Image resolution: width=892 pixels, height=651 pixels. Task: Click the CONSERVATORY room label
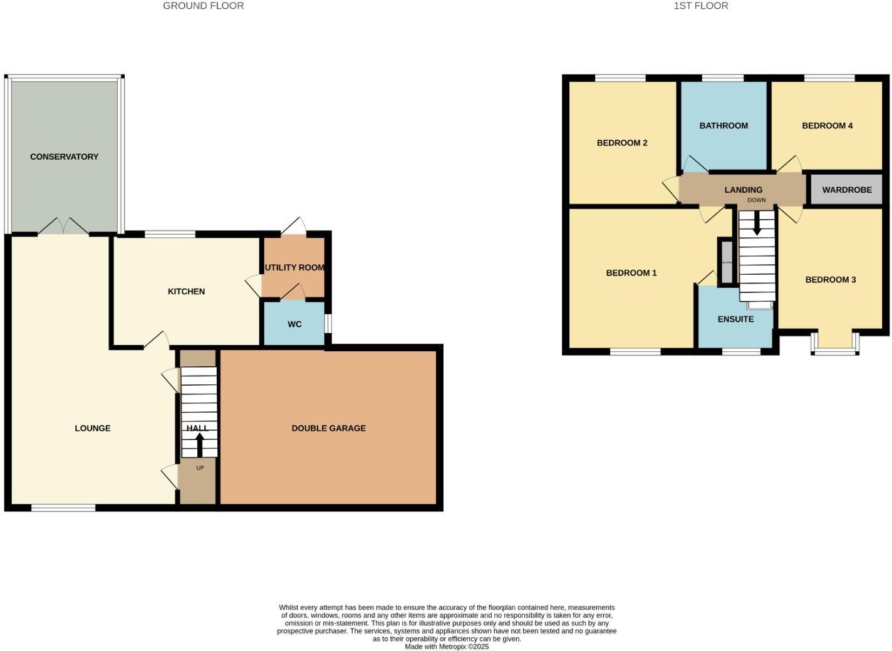64,156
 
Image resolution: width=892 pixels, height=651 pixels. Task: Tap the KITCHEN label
186,291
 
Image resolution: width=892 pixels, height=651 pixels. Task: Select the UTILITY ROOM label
294,267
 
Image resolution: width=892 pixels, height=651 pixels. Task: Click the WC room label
294,324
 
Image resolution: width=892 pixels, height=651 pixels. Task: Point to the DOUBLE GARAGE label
328,428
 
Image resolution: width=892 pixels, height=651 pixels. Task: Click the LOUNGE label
93,428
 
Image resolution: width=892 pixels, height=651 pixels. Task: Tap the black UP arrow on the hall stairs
200,444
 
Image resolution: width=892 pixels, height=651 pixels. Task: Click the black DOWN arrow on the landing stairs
757,223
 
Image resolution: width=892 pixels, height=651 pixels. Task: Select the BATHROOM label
723,125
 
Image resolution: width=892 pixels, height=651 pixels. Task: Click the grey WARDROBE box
846,190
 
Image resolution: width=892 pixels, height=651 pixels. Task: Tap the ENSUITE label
735,319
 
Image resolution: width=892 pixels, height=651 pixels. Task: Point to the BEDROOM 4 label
827,125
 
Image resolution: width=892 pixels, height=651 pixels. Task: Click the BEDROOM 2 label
622,143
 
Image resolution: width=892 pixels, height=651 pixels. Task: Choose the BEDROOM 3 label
830,279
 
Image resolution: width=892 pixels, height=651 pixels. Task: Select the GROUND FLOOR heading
203,6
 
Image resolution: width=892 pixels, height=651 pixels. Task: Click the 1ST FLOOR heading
700,6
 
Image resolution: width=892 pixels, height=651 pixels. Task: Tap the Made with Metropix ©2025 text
446,647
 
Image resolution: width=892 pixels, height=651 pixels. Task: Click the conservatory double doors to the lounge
63,227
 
